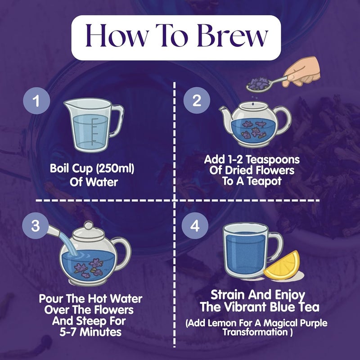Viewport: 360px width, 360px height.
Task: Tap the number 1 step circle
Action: [x=36, y=100]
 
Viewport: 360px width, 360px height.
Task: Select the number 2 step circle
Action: [x=197, y=100]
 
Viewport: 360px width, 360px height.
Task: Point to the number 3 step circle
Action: [x=36, y=225]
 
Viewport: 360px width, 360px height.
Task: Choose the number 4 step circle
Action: [x=195, y=225]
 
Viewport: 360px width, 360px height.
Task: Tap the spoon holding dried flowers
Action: [x=266, y=84]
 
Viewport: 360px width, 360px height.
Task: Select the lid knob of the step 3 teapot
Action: [x=88, y=225]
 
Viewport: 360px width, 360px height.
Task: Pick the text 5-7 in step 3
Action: [x=68, y=332]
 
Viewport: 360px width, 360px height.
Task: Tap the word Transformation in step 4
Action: [x=255, y=332]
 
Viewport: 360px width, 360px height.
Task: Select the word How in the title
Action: [x=116, y=36]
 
